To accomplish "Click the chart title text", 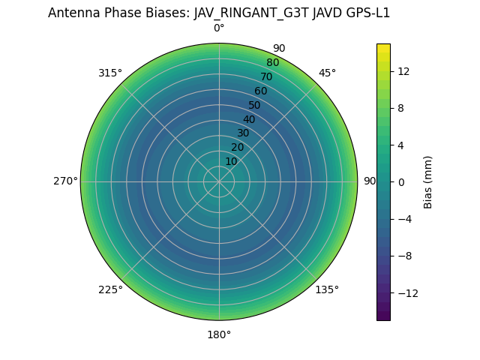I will (x=219, y=13).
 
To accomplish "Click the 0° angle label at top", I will (x=219, y=28).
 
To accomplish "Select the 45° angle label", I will (x=327, y=73).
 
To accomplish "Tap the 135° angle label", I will (x=327, y=290).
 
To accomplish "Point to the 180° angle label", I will (x=219, y=334).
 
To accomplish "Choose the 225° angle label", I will (x=110, y=290).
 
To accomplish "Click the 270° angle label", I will (x=65, y=181).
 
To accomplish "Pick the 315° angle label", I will (x=110, y=73).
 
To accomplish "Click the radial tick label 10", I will (x=231, y=161).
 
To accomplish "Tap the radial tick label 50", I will (x=255, y=106).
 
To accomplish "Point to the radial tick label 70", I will (x=266, y=77).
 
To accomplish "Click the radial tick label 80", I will (x=272, y=63).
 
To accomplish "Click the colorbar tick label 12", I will (x=403, y=71).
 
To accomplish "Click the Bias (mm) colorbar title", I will (x=428, y=182).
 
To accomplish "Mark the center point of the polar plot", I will (x=219, y=181).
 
